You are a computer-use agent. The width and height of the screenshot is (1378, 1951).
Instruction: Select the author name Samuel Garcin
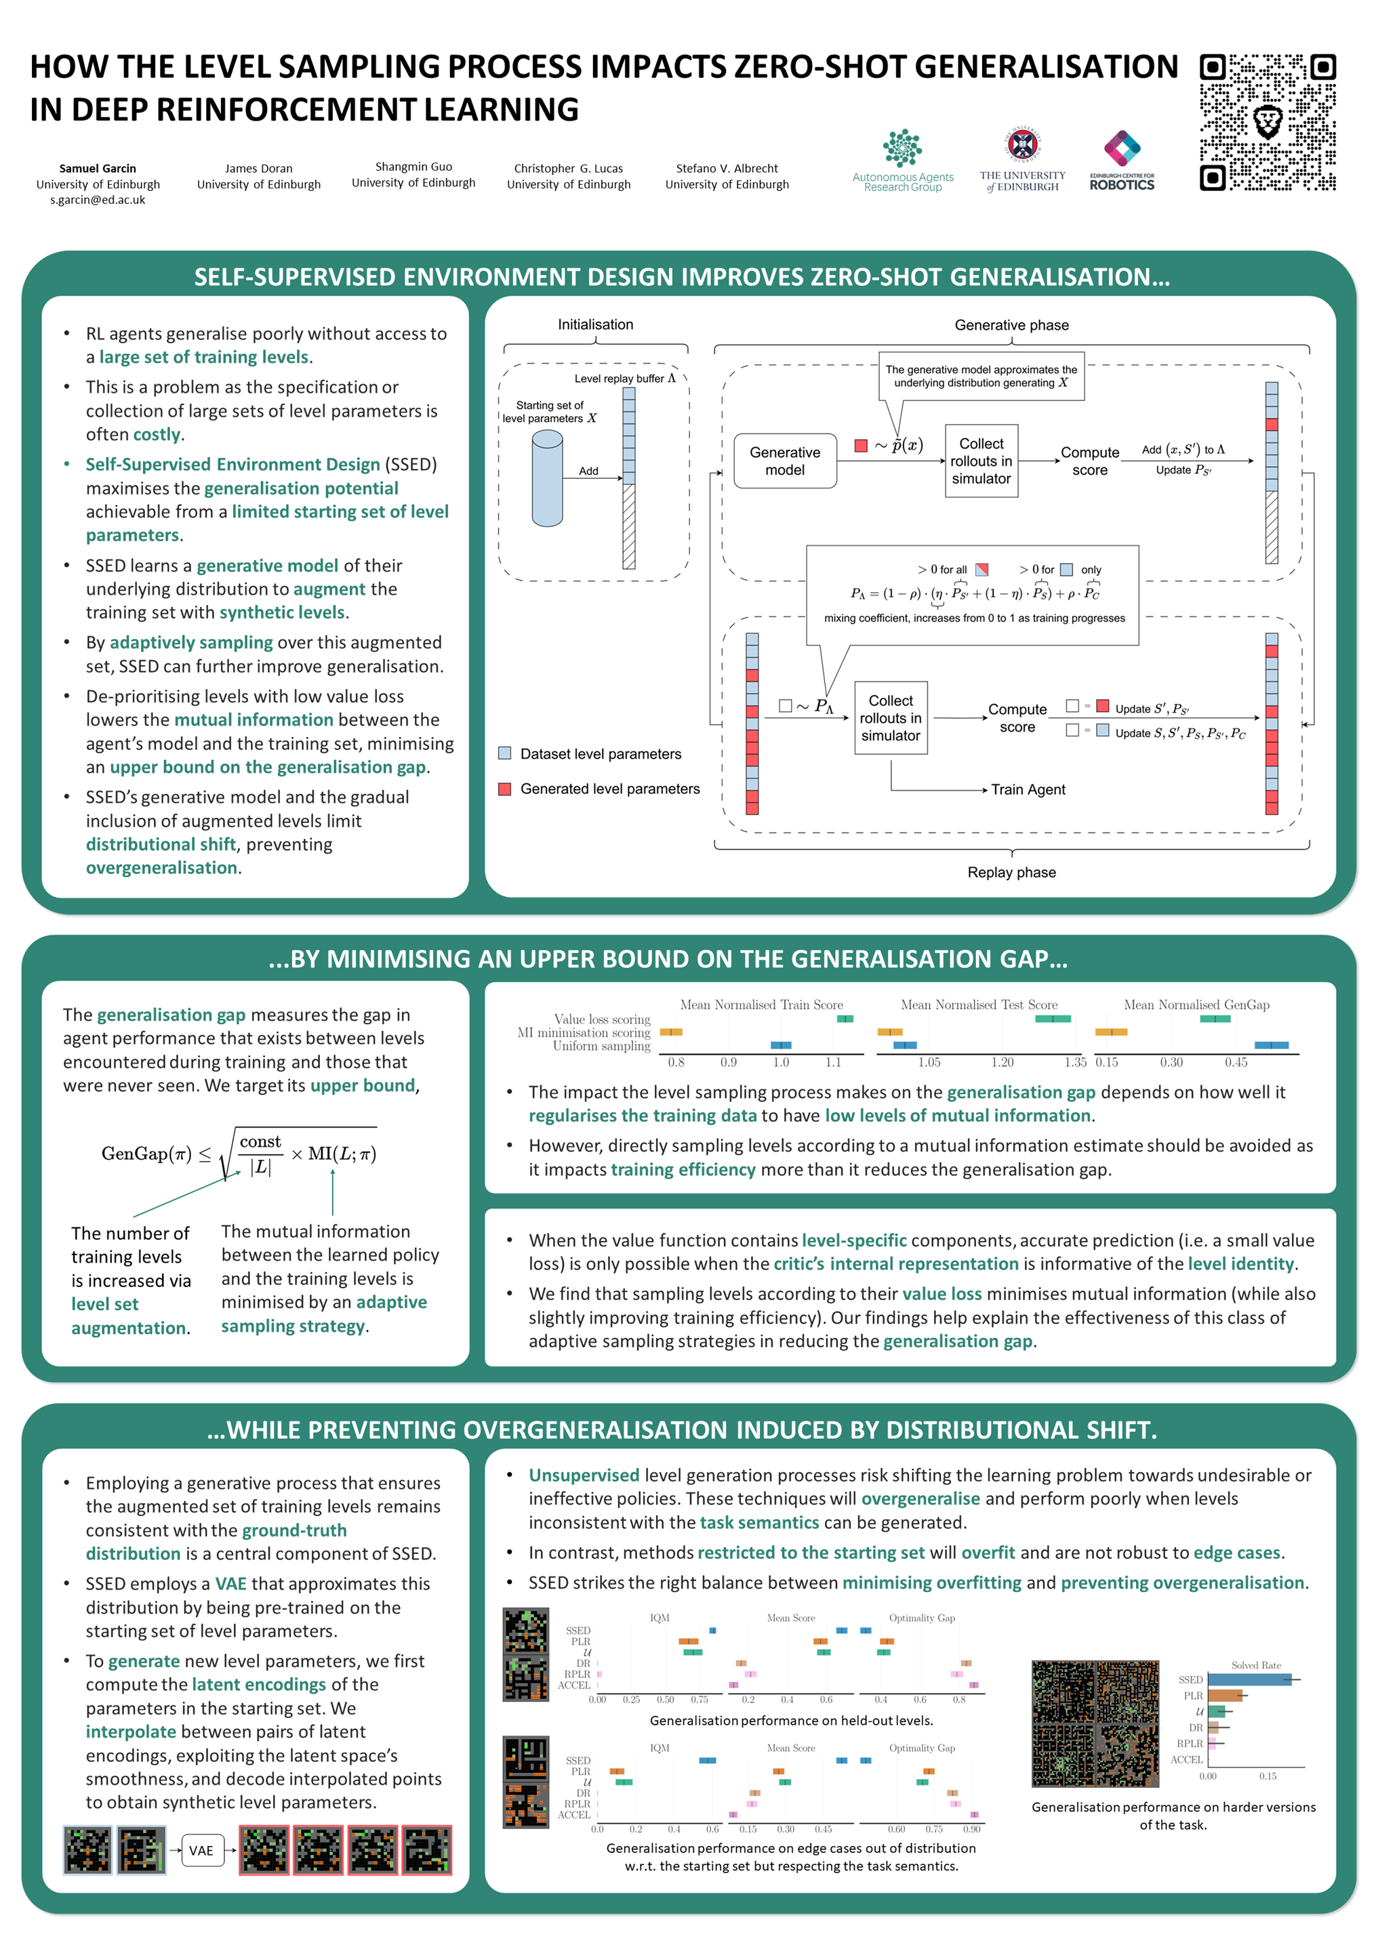tap(98, 168)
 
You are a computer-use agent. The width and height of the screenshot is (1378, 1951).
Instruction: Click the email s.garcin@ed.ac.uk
tap(98, 201)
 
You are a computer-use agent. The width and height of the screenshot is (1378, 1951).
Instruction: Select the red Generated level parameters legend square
tap(505, 789)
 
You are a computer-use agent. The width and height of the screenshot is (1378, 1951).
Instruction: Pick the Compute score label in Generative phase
tap(1089, 461)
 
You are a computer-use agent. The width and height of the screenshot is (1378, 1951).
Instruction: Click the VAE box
tap(201, 1850)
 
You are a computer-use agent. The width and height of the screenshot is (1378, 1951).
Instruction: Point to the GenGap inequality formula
tap(239, 1153)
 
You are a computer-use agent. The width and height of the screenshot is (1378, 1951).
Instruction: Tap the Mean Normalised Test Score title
tap(979, 1005)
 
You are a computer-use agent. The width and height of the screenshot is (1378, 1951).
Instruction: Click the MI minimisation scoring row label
tap(584, 1032)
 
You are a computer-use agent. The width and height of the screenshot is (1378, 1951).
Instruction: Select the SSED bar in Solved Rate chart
tap(1248, 1679)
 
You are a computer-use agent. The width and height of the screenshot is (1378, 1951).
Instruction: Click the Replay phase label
tap(1011, 872)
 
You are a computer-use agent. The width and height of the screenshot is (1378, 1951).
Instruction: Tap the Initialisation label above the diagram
tap(595, 324)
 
